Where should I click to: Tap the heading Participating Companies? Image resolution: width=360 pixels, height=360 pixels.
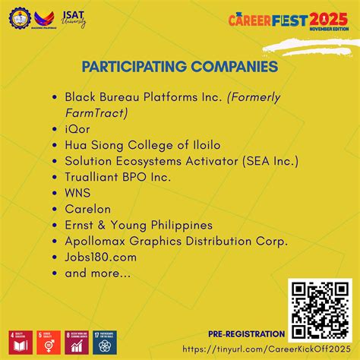tap(180, 68)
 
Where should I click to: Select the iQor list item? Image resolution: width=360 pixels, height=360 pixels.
tap(77, 128)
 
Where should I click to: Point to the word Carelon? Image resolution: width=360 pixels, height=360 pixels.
tap(88, 209)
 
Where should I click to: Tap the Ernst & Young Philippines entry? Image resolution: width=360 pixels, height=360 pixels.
tap(139, 225)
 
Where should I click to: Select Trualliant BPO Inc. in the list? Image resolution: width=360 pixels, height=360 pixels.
tap(118, 176)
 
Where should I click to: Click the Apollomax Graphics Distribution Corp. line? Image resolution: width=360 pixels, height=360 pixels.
tap(176, 241)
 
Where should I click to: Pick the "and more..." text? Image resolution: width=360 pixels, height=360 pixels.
tap(97, 273)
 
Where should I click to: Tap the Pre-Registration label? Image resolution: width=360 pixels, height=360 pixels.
tap(247, 334)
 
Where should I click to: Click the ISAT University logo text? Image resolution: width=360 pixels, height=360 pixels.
tap(73, 18)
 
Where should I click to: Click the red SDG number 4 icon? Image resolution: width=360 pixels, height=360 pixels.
tap(17, 343)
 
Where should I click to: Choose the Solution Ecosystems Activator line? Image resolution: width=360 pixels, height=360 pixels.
tap(182, 160)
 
